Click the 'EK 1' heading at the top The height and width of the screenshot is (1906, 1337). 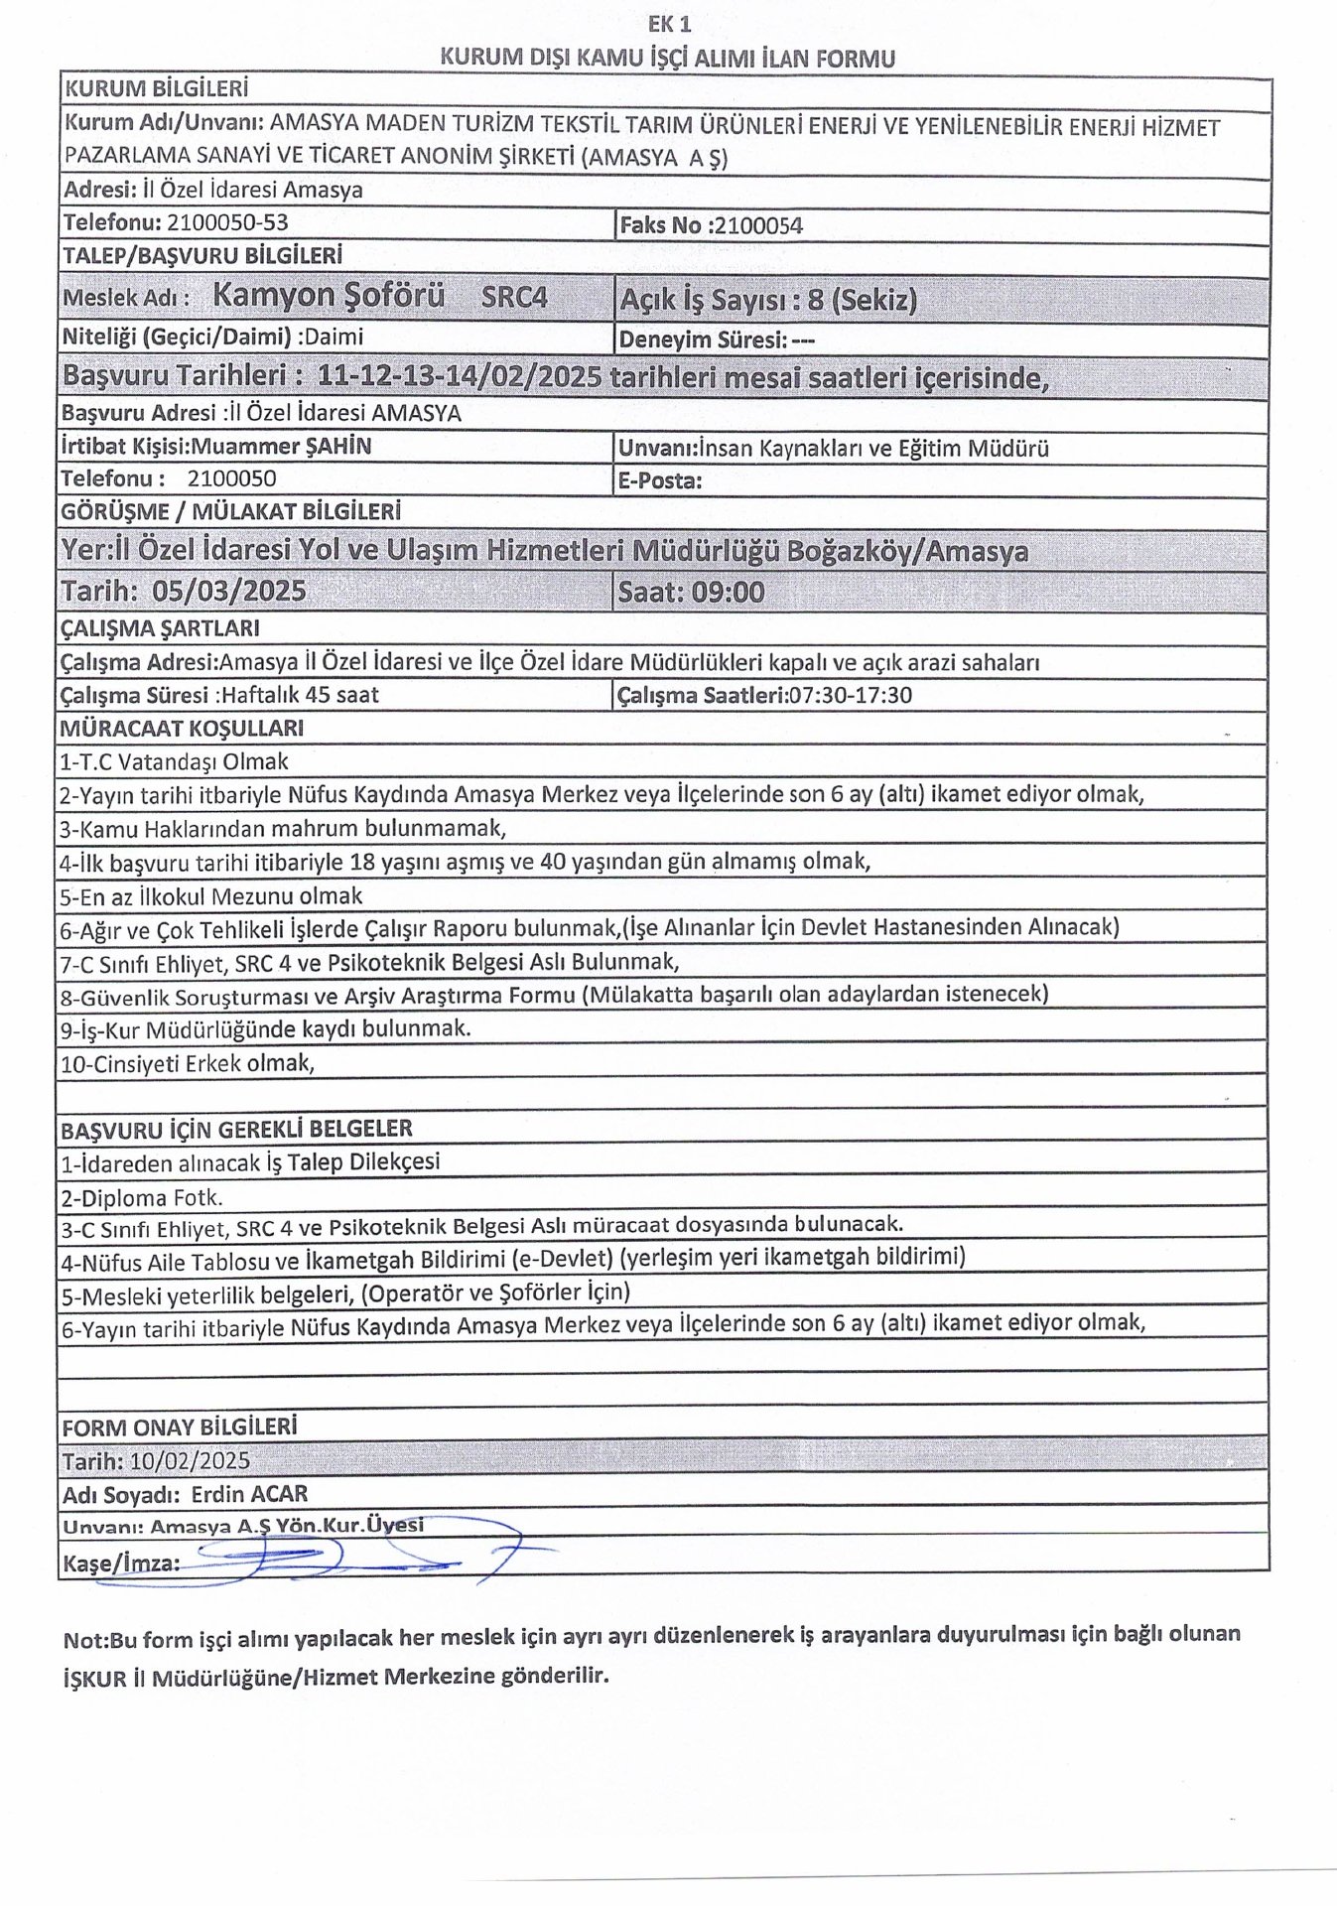[669, 25]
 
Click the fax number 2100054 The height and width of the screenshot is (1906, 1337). [758, 225]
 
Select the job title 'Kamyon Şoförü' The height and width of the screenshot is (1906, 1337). [329, 295]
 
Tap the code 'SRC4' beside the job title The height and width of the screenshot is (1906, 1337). [513, 297]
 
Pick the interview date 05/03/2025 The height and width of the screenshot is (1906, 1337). [228, 592]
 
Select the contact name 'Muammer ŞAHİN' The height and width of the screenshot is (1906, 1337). [281, 446]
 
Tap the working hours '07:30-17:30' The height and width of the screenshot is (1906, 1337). [850, 695]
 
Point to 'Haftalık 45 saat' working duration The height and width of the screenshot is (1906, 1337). [300, 695]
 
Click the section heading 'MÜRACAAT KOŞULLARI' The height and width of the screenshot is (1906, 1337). [182, 729]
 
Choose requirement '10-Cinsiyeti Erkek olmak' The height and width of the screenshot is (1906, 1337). [188, 1064]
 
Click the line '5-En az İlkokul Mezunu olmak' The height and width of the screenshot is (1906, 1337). [210, 896]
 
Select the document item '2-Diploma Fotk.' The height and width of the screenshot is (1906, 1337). [142, 1198]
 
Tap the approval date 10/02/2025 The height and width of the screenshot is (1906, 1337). [190, 1461]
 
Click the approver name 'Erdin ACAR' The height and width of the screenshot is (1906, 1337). [249, 1494]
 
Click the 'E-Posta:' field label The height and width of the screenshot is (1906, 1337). [660, 481]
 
